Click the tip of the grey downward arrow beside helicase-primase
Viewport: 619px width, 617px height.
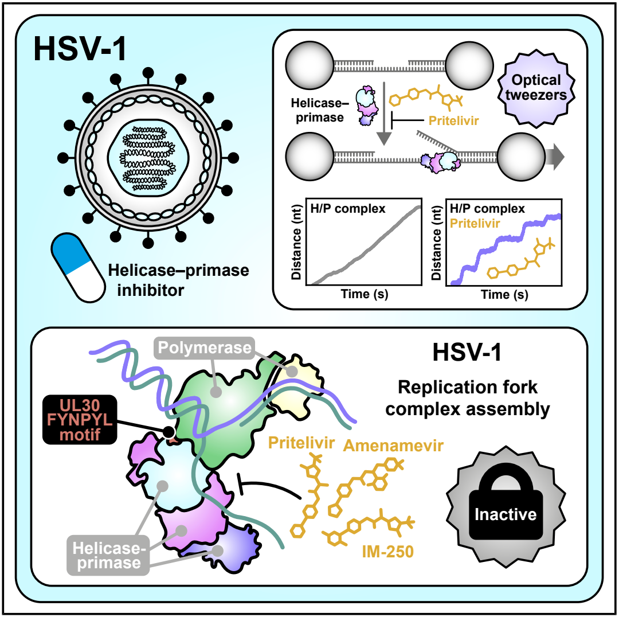point(383,145)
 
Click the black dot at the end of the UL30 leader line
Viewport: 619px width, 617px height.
point(169,431)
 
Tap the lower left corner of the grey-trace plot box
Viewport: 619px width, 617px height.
point(306,285)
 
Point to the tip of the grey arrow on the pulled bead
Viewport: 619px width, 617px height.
point(564,157)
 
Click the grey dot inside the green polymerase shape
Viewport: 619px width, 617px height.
point(216,392)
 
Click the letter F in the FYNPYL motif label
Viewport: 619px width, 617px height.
point(52,420)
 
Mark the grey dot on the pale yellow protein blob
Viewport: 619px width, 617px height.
point(292,372)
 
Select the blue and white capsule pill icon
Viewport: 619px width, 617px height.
point(78,267)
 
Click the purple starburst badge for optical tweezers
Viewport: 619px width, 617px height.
point(536,88)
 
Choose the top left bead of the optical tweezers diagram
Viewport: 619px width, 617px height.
point(310,65)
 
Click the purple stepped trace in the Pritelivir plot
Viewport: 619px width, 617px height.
point(506,248)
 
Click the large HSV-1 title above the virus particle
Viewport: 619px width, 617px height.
point(80,49)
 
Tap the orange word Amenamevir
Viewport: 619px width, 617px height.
point(393,446)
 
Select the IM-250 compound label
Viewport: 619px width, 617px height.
point(387,552)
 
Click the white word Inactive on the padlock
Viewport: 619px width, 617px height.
point(506,514)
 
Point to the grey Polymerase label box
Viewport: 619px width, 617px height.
point(204,348)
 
